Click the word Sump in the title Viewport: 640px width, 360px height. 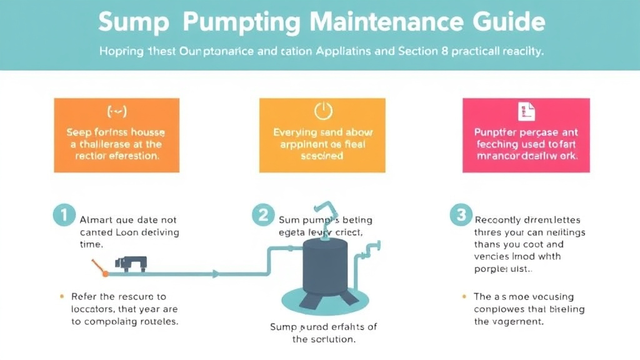(134, 22)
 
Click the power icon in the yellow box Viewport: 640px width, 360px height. (322, 111)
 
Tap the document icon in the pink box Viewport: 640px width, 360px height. (526, 112)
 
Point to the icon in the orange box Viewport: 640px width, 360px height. (117, 112)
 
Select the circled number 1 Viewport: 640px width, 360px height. (63, 215)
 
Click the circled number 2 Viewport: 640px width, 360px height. (262, 215)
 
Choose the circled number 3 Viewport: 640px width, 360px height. (461, 215)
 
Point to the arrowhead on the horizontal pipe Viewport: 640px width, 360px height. (215, 273)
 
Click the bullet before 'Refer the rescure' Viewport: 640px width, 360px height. (61, 296)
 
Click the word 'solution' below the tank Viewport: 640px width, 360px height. (333, 339)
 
